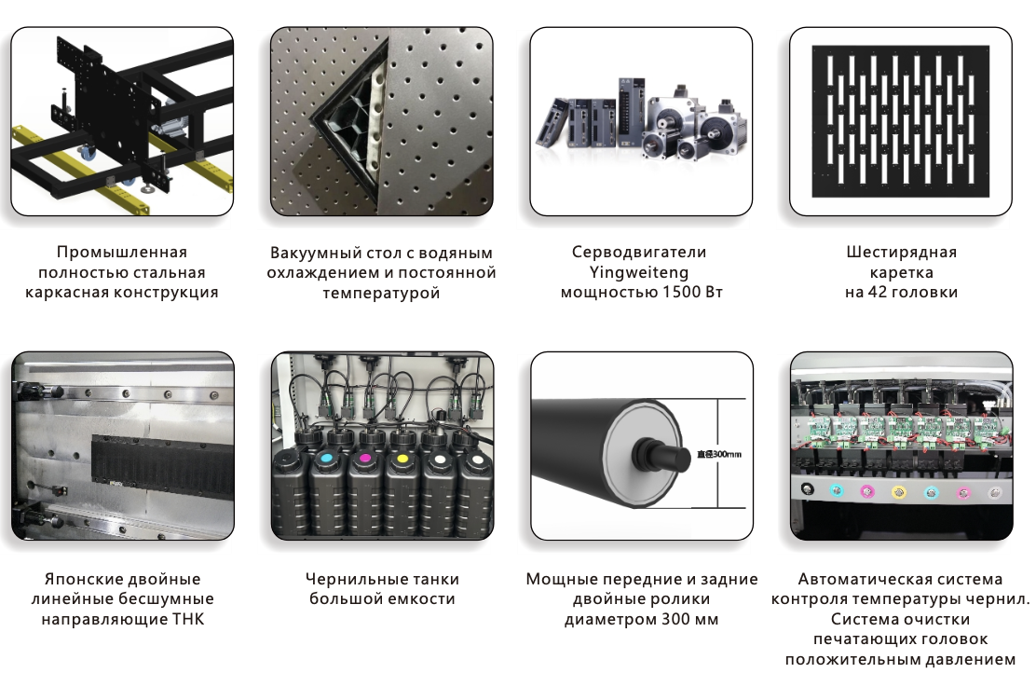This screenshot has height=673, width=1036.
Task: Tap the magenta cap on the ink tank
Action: [x=363, y=458]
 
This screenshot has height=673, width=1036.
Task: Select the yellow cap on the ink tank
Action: [x=402, y=458]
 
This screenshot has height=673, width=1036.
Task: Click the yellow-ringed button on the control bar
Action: [x=898, y=491]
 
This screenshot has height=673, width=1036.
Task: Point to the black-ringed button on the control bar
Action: [x=807, y=489]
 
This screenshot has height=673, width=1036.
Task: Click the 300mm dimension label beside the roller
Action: [x=719, y=454]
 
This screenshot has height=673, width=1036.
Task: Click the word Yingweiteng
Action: [x=639, y=272]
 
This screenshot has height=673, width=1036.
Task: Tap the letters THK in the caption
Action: [x=189, y=620]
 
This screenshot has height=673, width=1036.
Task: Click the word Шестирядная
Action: [x=901, y=253]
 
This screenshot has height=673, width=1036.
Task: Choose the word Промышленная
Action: [x=121, y=253]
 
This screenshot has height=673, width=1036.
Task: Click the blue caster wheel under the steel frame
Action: [x=86, y=153]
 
